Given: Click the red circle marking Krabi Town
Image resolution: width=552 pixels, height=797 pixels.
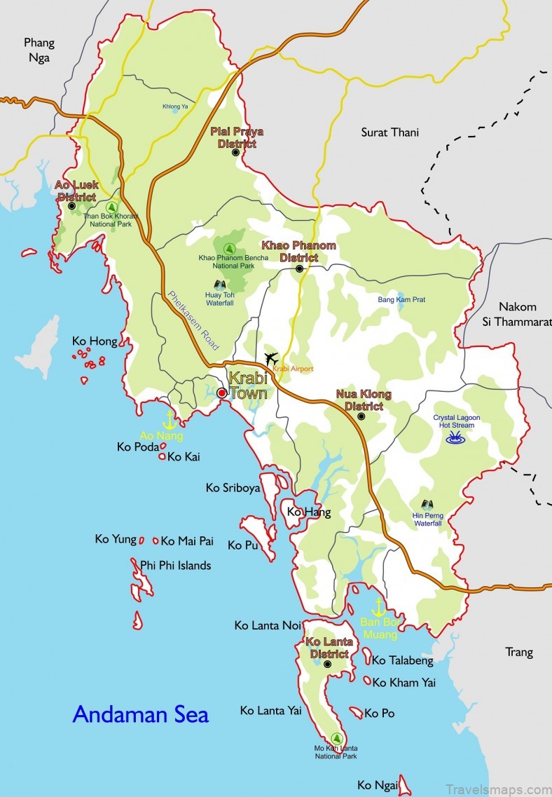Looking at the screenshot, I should point(221,393).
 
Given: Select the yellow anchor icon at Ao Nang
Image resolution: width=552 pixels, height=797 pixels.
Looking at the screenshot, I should point(169,420).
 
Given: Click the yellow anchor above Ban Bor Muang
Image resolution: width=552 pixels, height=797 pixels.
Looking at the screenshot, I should point(379,606).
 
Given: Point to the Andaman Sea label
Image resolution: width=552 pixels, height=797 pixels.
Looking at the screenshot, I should point(141,714).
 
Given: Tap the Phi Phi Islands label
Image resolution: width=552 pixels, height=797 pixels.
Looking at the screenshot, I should point(175,565).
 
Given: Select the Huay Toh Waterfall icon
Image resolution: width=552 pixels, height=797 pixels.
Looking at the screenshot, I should point(219,285).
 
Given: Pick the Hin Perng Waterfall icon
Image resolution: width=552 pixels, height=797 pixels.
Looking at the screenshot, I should point(427,504).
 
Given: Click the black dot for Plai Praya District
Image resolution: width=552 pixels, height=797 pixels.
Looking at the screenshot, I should point(235,151).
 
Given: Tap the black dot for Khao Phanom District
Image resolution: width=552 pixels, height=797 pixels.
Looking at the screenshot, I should point(299,268).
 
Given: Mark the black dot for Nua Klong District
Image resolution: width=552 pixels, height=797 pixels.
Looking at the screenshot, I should point(361,416).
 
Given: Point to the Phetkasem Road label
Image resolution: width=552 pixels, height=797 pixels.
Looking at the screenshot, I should point(193,320).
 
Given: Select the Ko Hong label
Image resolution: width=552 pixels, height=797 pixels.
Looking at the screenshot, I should point(95,341).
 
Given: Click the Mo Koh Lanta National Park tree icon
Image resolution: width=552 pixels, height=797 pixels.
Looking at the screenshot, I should point(337,738).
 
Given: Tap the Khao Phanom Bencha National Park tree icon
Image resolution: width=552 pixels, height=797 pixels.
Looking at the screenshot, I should point(228,247).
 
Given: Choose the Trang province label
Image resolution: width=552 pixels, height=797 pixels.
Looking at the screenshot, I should point(519,652).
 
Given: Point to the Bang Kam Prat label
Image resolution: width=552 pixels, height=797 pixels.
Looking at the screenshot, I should point(401,299).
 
